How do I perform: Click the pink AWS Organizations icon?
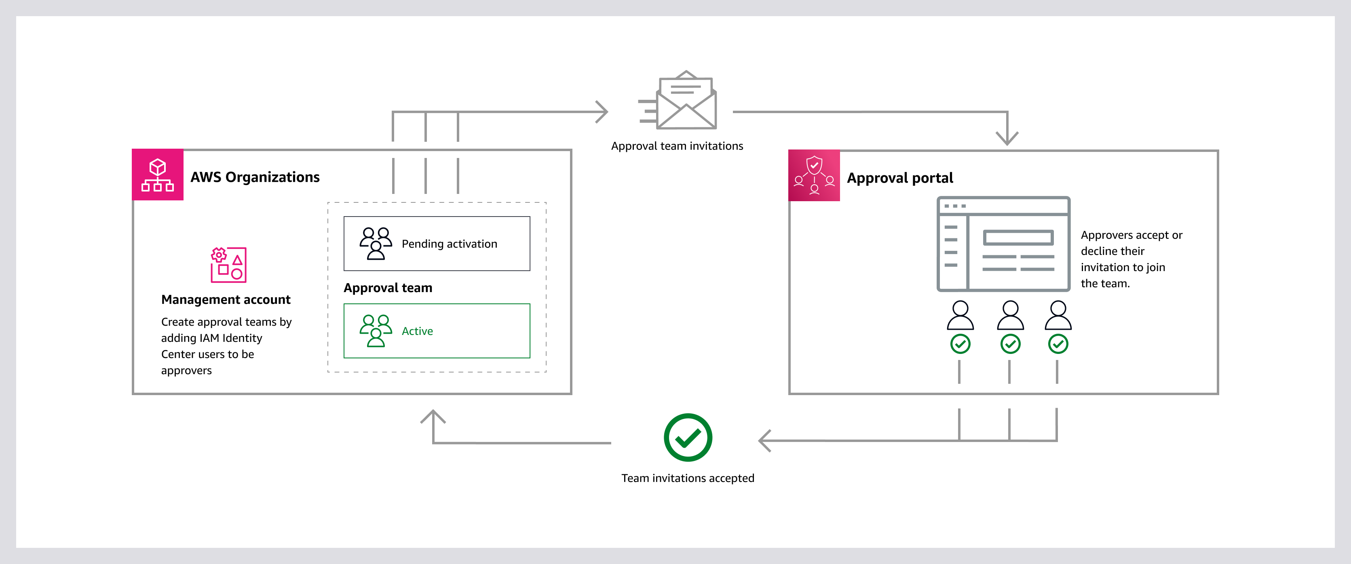(157, 175)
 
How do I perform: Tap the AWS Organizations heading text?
(255, 177)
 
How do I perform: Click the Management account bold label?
(226, 299)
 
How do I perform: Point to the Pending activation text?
(449, 244)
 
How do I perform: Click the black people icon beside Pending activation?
(376, 243)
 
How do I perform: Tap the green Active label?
(417, 331)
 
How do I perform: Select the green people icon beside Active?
(376, 331)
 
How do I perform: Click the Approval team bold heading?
(388, 288)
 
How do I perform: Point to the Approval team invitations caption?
(677, 146)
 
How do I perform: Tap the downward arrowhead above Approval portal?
(1007, 138)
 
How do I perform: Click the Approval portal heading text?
(899, 178)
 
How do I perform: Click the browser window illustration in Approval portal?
(1003, 244)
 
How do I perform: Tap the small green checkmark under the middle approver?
(1010, 344)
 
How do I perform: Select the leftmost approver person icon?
(960, 315)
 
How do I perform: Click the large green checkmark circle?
(688, 438)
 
